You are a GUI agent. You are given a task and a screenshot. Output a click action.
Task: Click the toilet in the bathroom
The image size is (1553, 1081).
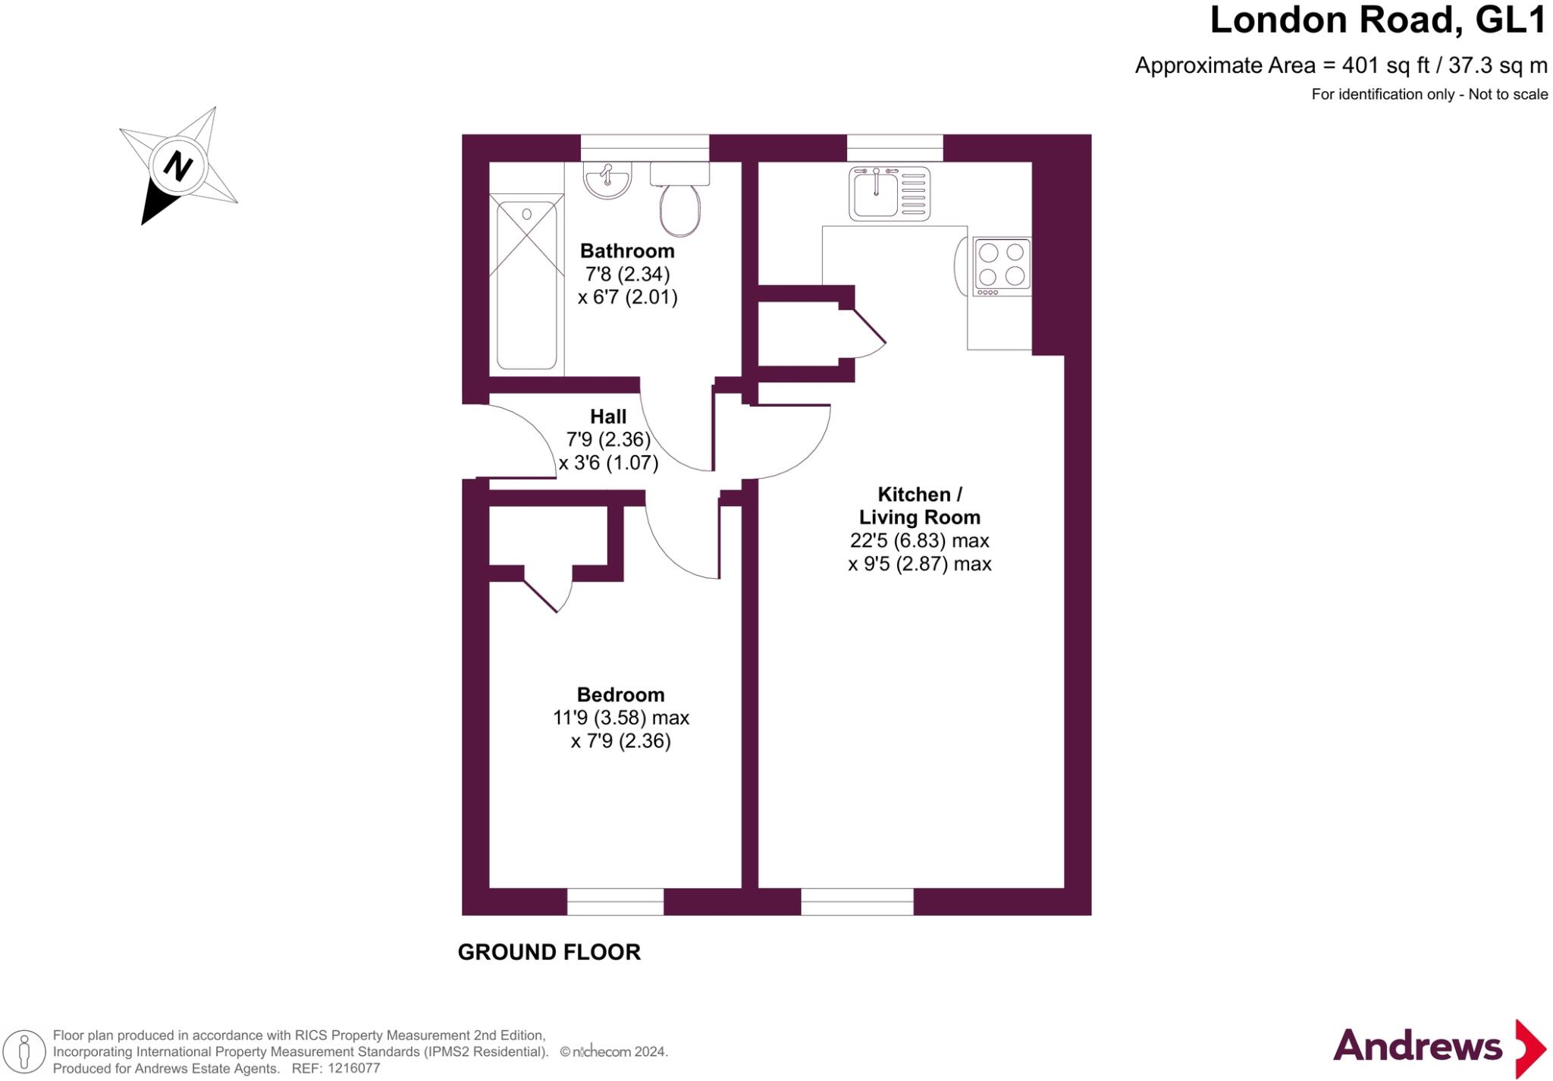[679, 209]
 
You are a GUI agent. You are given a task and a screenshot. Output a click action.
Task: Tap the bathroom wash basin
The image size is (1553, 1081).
[607, 181]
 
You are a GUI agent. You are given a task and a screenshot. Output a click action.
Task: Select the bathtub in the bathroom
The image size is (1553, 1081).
[526, 284]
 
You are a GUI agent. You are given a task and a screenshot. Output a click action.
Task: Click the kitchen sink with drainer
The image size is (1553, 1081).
[889, 193]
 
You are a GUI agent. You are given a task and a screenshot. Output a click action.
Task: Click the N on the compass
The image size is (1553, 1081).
[177, 165]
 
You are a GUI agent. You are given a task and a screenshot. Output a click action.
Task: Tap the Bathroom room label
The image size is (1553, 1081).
[627, 251]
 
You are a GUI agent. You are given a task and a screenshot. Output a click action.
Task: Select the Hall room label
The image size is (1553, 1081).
[608, 416]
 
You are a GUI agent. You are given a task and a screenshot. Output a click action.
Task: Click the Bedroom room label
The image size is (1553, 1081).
[620, 694]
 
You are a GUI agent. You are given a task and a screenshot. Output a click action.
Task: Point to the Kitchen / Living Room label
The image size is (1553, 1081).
[919, 506]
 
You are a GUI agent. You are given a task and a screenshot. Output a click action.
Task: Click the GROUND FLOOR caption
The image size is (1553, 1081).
[549, 952]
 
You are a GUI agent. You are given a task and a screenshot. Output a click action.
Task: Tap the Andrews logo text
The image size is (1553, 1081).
[1417, 1047]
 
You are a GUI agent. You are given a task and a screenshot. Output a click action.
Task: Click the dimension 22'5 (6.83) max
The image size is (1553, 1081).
[919, 541]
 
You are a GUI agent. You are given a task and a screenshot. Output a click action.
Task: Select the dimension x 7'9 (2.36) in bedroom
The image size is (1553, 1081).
[620, 741]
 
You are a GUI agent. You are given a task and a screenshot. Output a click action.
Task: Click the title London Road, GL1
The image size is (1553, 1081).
[1377, 20]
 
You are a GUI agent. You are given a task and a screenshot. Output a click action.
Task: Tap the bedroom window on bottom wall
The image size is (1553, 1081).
[615, 901]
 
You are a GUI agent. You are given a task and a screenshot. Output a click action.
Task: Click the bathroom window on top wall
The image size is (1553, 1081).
[645, 147]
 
